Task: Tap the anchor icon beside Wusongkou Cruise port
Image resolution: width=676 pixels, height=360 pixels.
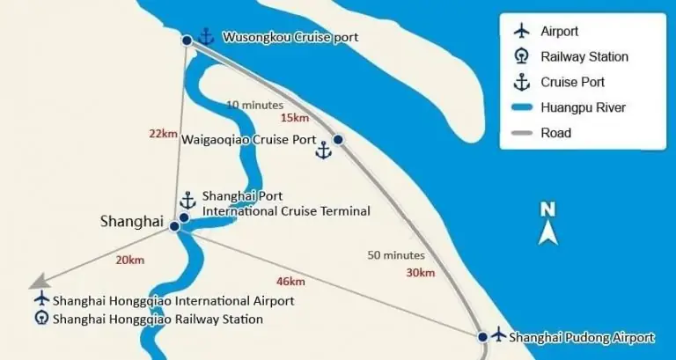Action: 206,37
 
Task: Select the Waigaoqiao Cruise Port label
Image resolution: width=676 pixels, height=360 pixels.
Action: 248,139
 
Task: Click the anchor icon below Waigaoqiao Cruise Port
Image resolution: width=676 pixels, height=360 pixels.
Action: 324,151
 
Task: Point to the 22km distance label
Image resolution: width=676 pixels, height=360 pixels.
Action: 163,133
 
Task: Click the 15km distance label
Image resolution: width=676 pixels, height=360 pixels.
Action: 294,118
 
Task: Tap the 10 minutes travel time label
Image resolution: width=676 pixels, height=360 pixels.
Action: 254,105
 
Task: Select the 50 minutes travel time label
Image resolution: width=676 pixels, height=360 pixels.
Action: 396,255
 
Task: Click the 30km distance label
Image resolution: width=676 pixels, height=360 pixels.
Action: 420,272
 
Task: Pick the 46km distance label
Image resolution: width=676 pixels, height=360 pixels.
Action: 290,282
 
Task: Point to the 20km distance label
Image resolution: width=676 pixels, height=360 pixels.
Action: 129,260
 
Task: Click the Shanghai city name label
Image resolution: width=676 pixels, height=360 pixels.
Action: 132,222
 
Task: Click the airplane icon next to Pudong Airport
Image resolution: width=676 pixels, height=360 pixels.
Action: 499,334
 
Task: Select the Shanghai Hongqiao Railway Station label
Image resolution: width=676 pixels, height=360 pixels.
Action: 158,319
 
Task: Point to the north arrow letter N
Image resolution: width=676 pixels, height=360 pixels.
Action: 547,209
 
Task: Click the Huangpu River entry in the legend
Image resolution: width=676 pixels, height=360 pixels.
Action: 571,107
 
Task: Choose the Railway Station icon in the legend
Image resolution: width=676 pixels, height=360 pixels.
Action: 522,57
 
